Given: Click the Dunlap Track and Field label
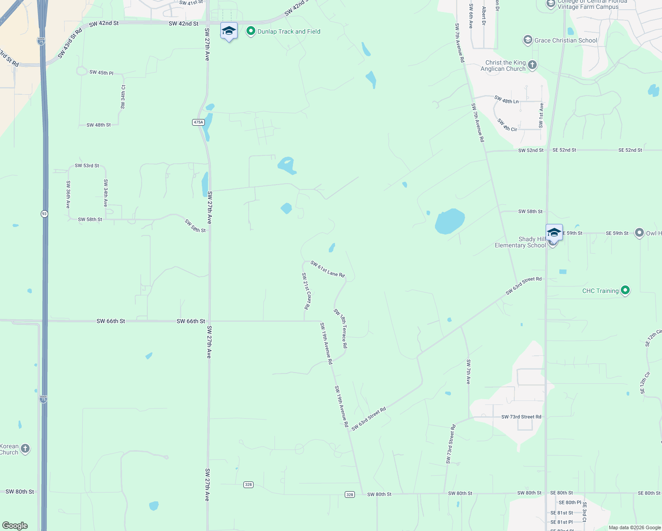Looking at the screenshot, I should [289, 31].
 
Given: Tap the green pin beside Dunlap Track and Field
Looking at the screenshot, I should [251, 31].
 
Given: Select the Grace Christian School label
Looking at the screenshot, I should [566, 40].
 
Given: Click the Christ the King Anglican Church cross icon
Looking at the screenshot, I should [532, 65].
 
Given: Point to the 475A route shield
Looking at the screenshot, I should [198, 122].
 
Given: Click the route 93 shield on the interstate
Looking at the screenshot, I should [44, 214].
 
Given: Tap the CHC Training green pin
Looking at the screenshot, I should [625, 290].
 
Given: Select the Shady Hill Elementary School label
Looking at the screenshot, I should [520, 242].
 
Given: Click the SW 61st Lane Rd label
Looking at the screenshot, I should [327, 269].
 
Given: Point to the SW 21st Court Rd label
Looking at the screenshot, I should [306, 291].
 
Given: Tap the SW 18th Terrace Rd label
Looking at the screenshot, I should [341, 328].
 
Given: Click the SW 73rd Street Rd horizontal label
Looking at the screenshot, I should [521, 417].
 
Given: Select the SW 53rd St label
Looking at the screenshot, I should [87, 165].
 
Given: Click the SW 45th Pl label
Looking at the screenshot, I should [101, 73].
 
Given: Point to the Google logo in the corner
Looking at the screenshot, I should [15, 526].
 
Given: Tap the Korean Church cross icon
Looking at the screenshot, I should [25, 449].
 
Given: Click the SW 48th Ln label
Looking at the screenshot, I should [506, 100].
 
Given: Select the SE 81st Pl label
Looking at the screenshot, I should [562, 522].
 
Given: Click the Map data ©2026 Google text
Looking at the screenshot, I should [635, 527].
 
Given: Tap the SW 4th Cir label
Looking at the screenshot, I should [507, 125].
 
